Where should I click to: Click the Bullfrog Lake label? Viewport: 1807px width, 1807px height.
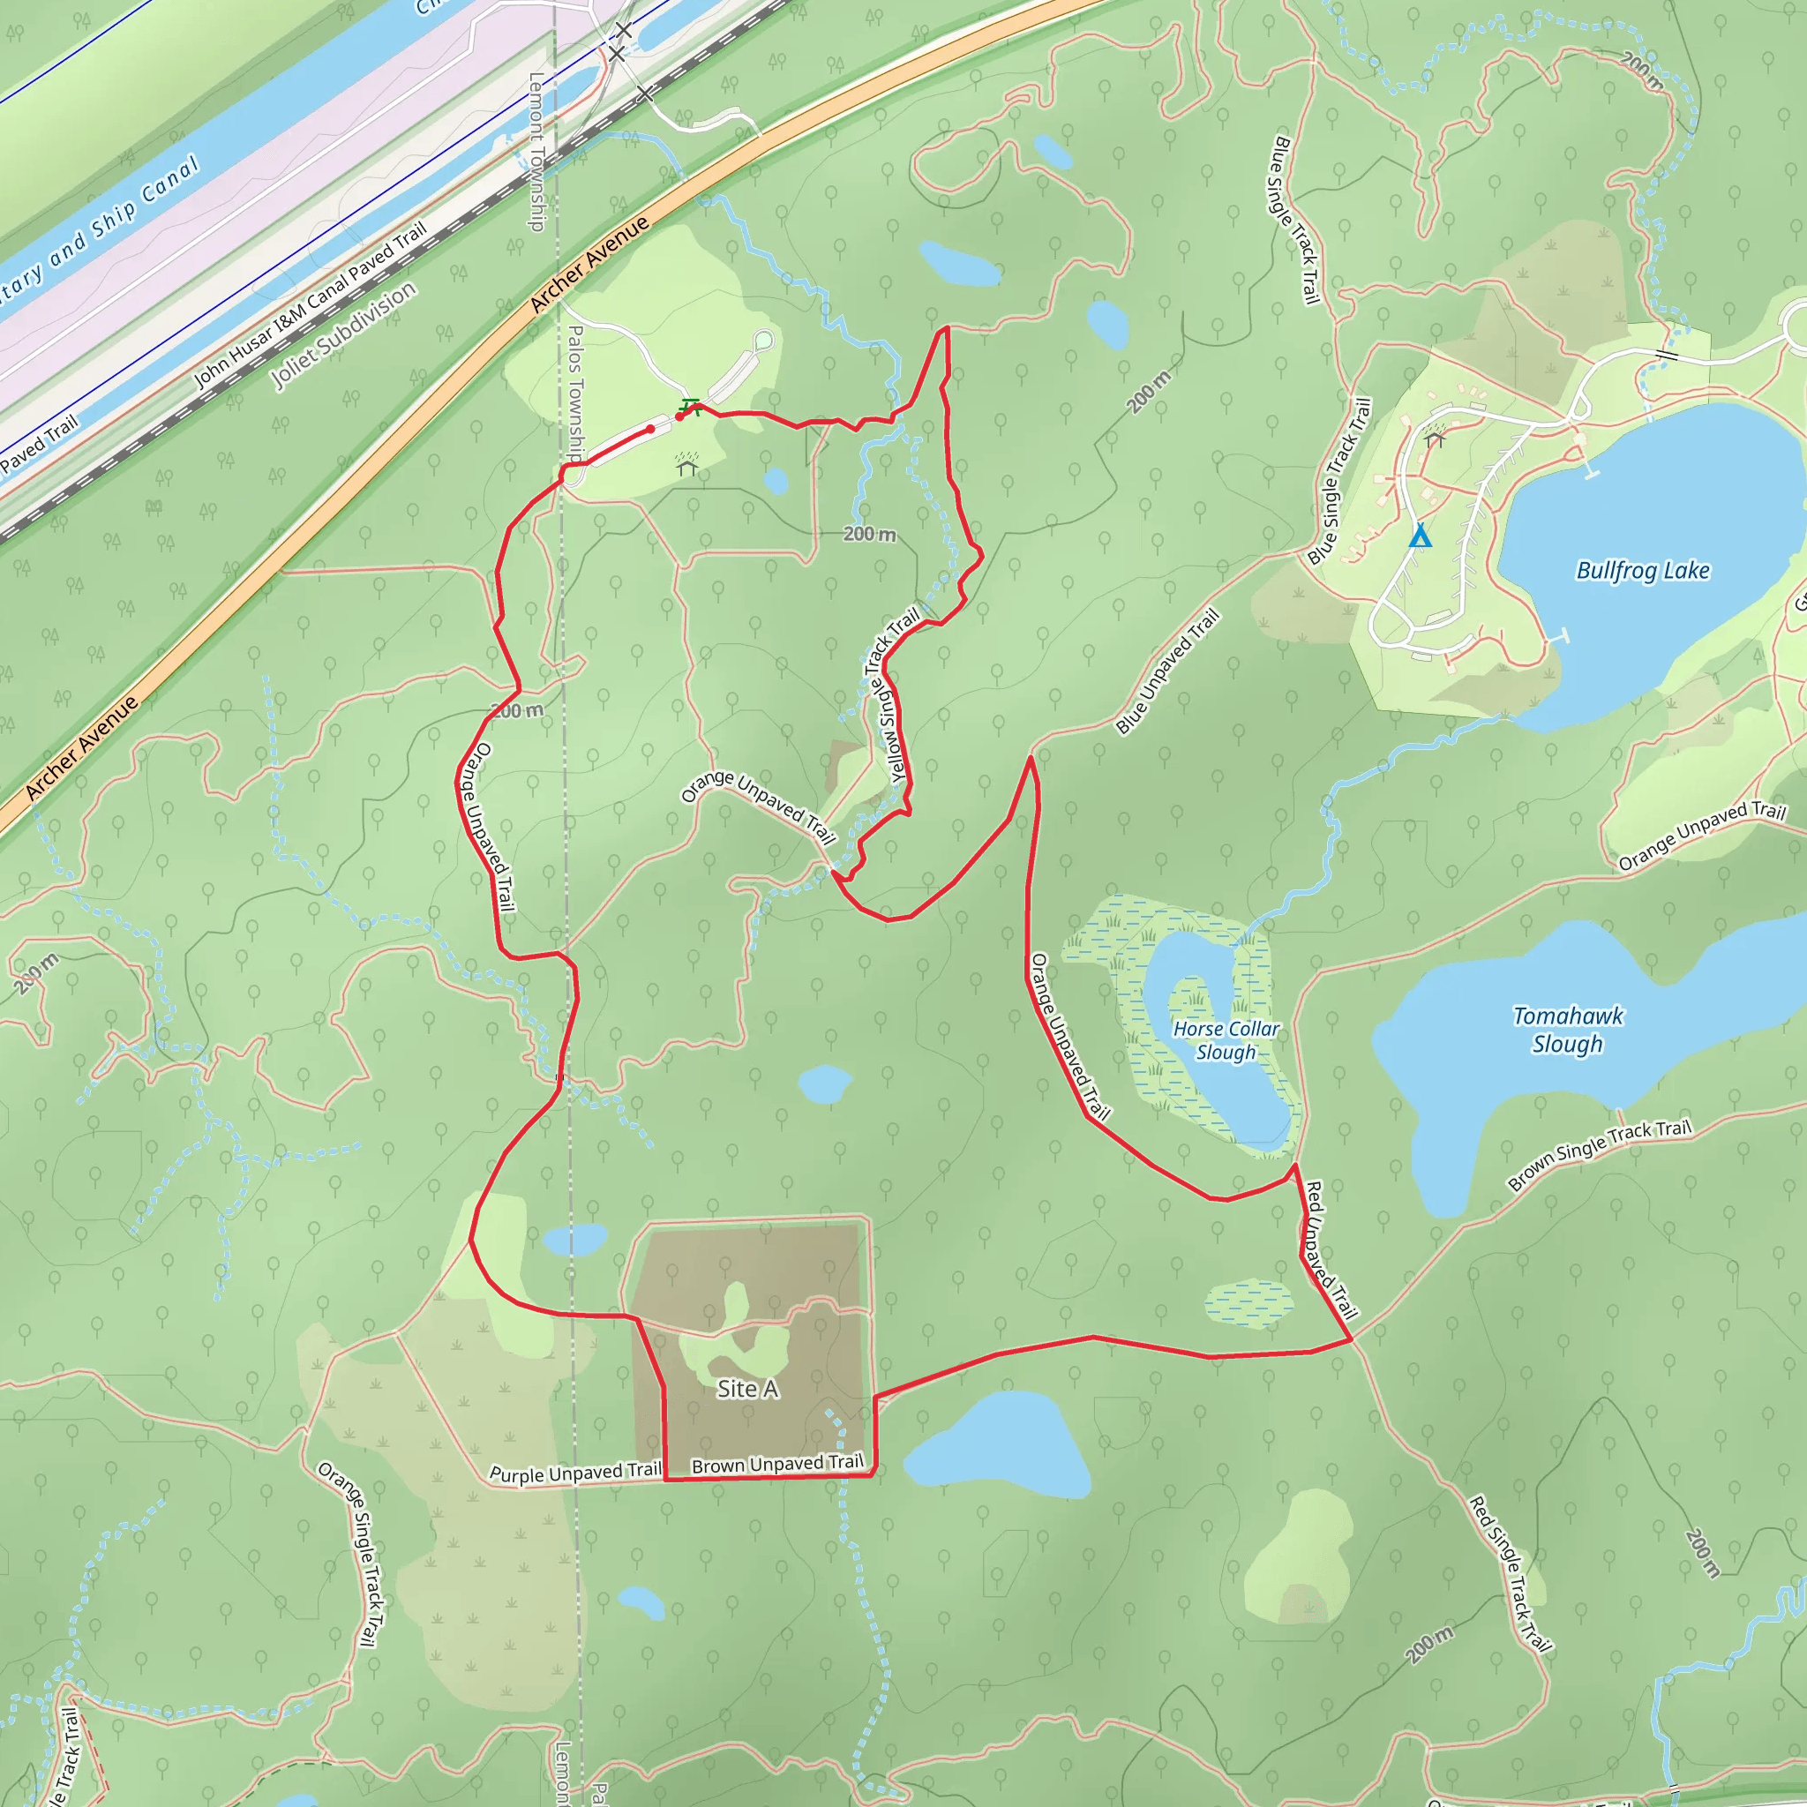point(1642,571)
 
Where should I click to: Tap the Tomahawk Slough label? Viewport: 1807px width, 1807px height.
point(1568,1030)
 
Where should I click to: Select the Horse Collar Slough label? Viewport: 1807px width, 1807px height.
point(1226,1040)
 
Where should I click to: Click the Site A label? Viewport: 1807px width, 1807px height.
point(747,1389)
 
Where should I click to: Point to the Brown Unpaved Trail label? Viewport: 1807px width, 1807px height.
point(777,1464)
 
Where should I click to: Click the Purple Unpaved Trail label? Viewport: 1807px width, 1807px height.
point(575,1473)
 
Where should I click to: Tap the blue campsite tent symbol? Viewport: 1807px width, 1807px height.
point(1420,536)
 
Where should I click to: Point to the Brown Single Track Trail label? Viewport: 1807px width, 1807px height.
point(1600,1155)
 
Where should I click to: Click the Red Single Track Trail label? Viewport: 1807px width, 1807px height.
point(1509,1574)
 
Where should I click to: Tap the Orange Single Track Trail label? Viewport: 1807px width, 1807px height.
point(352,1553)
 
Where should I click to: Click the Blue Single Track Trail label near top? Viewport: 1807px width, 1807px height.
point(1294,220)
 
